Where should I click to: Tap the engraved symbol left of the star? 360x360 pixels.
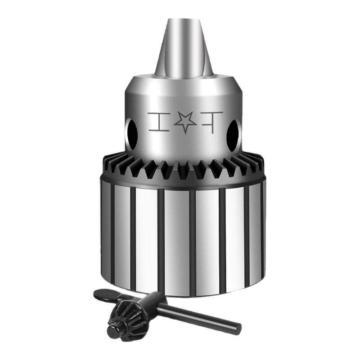pos(159,121)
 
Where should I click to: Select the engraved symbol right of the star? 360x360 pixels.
pos(212,121)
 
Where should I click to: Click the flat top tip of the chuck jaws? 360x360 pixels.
pos(184,20)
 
